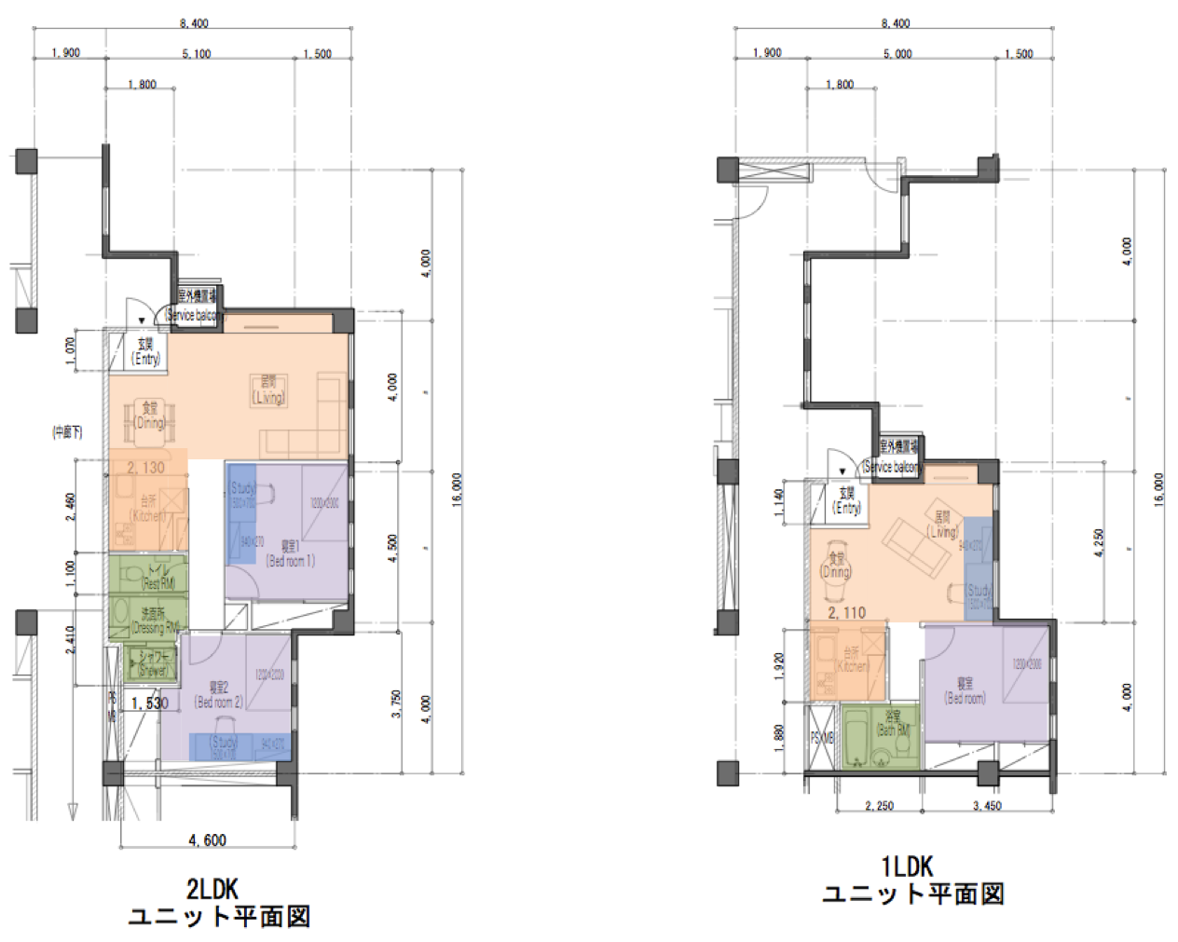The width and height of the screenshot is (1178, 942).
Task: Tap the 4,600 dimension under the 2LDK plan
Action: click(207, 840)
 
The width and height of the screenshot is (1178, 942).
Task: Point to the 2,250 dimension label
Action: click(879, 806)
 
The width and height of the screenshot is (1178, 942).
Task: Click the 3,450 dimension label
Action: click(987, 806)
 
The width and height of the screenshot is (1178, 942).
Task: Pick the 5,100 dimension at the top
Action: click(197, 54)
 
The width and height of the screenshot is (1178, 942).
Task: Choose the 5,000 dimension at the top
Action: click(897, 54)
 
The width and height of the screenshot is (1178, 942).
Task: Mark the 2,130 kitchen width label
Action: click(146, 468)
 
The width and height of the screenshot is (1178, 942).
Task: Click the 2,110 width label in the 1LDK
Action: click(847, 612)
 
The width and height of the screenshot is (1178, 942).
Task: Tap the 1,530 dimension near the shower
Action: click(149, 703)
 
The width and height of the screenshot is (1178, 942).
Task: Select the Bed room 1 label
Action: click(291, 553)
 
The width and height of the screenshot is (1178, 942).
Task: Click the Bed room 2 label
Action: click(218, 695)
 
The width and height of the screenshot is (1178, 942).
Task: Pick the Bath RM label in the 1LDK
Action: click(893, 724)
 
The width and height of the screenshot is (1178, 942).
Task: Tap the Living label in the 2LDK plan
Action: click(267, 389)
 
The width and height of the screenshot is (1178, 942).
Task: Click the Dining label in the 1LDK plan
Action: click(836, 566)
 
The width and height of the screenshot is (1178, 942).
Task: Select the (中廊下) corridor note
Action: click(67, 431)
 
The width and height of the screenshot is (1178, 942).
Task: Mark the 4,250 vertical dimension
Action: click(1099, 543)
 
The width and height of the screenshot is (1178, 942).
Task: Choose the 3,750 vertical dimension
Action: click(396, 703)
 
